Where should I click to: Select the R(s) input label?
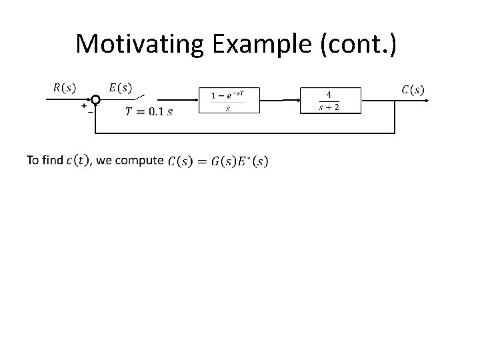(x=63, y=87)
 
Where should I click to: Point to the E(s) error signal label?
(x=120, y=87)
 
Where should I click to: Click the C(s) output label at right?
(x=412, y=89)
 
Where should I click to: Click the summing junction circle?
(x=95, y=100)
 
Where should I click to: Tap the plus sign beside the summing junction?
(x=84, y=105)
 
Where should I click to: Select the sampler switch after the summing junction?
(x=145, y=100)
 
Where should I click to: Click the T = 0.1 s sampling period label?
(x=148, y=111)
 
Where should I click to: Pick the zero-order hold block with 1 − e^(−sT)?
(x=228, y=101)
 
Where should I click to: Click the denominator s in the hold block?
(x=228, y=108)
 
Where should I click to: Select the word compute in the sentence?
(x=139, y=160)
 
